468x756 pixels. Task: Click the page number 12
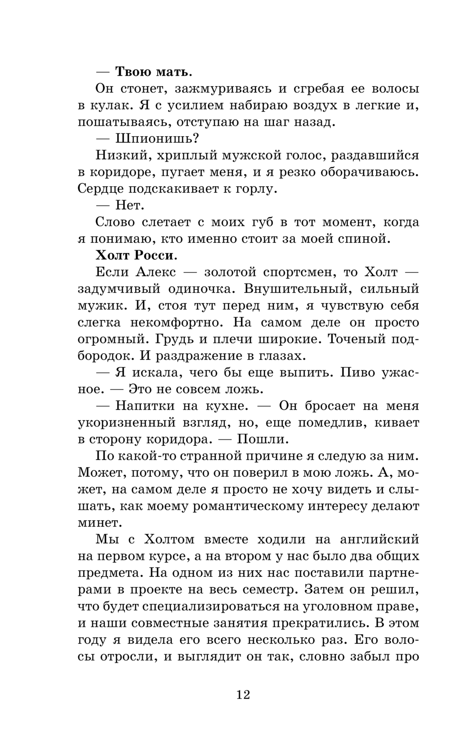243,694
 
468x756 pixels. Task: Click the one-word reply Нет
130,205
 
